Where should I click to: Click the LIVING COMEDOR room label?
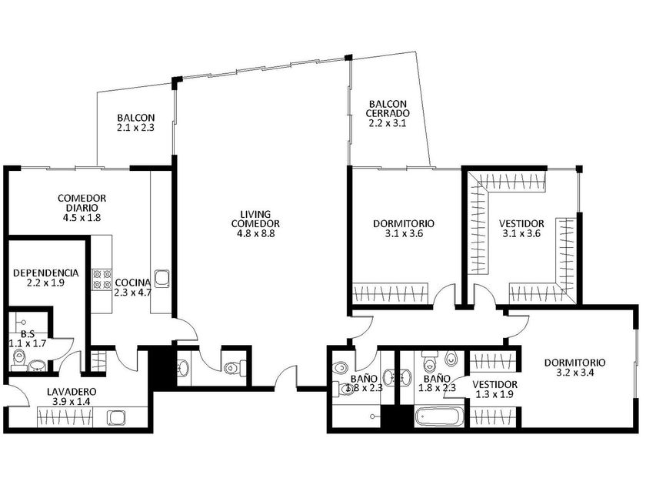(255, 219)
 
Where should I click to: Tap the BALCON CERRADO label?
(388, 109)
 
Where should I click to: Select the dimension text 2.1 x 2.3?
(135, 128)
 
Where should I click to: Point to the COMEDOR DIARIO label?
(82, 203)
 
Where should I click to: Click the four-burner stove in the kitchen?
(102, 279)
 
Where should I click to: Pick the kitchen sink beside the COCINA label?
(161, 279)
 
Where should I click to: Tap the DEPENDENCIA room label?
(45, 273)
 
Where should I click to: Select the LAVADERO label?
(72, 392)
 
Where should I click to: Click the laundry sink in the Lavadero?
(115, 418)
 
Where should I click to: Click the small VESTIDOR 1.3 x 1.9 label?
(494, 390)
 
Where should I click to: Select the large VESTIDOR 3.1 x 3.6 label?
(521, 229)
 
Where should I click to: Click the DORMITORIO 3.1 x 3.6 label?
(404, 229)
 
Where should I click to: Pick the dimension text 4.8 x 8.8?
(255, 234)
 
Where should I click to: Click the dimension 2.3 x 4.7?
(132, 293)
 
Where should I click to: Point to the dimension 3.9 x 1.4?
(72, 401)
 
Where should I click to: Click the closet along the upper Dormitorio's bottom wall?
(391, 293)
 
